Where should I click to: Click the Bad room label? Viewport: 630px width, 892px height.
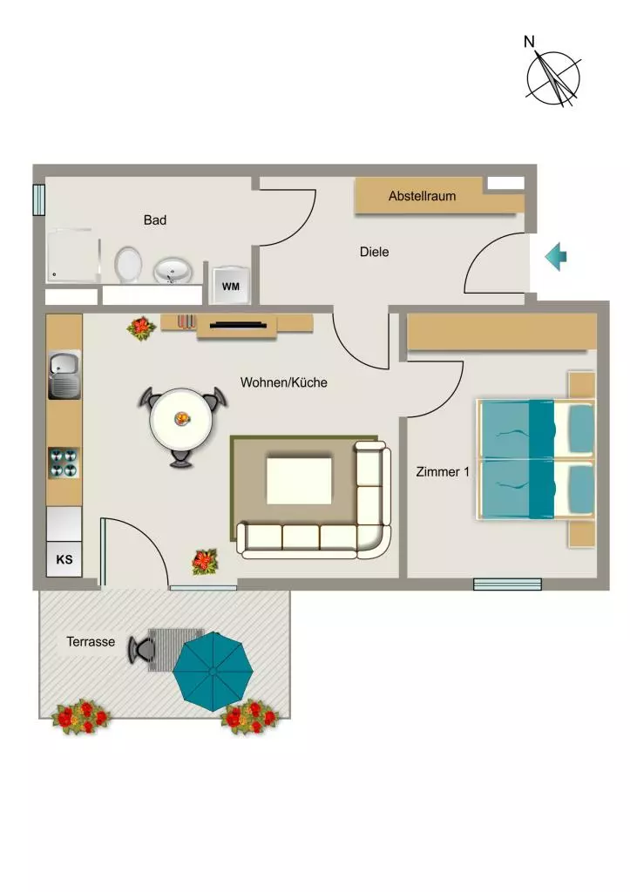[155, 220]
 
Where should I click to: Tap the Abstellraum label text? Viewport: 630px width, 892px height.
[423, 196]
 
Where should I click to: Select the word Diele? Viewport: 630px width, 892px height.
[375, 252]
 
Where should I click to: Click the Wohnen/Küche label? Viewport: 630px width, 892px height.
[284, 382]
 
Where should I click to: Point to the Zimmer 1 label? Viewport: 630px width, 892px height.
[443, 471]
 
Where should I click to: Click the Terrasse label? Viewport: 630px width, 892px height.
[91, 642]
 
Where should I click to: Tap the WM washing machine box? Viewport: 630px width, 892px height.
[231, 285]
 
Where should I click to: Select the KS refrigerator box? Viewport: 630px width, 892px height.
[64, 558]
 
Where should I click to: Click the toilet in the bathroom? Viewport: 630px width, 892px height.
[128, 264]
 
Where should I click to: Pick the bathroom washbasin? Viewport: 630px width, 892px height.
[172, 271]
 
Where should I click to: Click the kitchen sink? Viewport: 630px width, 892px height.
[64, 375]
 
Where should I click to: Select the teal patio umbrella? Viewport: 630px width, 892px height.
[213, 672]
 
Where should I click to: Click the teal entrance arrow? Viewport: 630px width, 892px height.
[556, 257]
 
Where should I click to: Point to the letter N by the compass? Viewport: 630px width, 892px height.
[529, 42]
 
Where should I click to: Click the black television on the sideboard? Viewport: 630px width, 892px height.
[239, 326]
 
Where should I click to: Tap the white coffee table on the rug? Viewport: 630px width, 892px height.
[300, 480]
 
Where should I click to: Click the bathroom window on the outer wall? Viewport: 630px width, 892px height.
[38, 199]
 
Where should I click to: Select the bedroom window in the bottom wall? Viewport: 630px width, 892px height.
[508, 585]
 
